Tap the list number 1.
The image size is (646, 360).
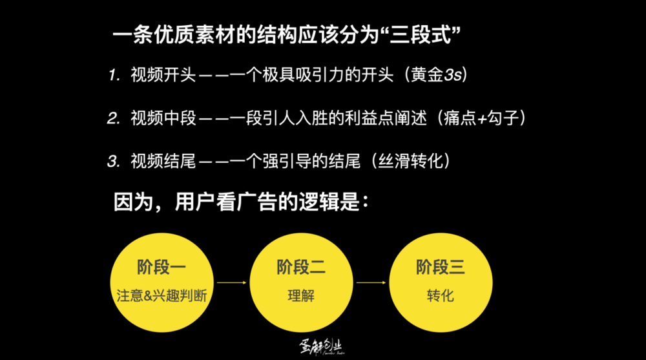[x=114, y=75]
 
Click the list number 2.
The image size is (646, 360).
[x=114, y=118]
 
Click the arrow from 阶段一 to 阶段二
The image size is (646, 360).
[x=231, y=282]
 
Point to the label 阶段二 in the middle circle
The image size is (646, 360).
[x=301, y=267]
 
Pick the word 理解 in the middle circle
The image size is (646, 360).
[x=301, y=296]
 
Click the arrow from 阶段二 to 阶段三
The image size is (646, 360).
[x=371, y=282]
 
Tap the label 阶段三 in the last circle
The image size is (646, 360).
[x=441, y=267]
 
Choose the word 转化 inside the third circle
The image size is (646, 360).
[x=441, y=296]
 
